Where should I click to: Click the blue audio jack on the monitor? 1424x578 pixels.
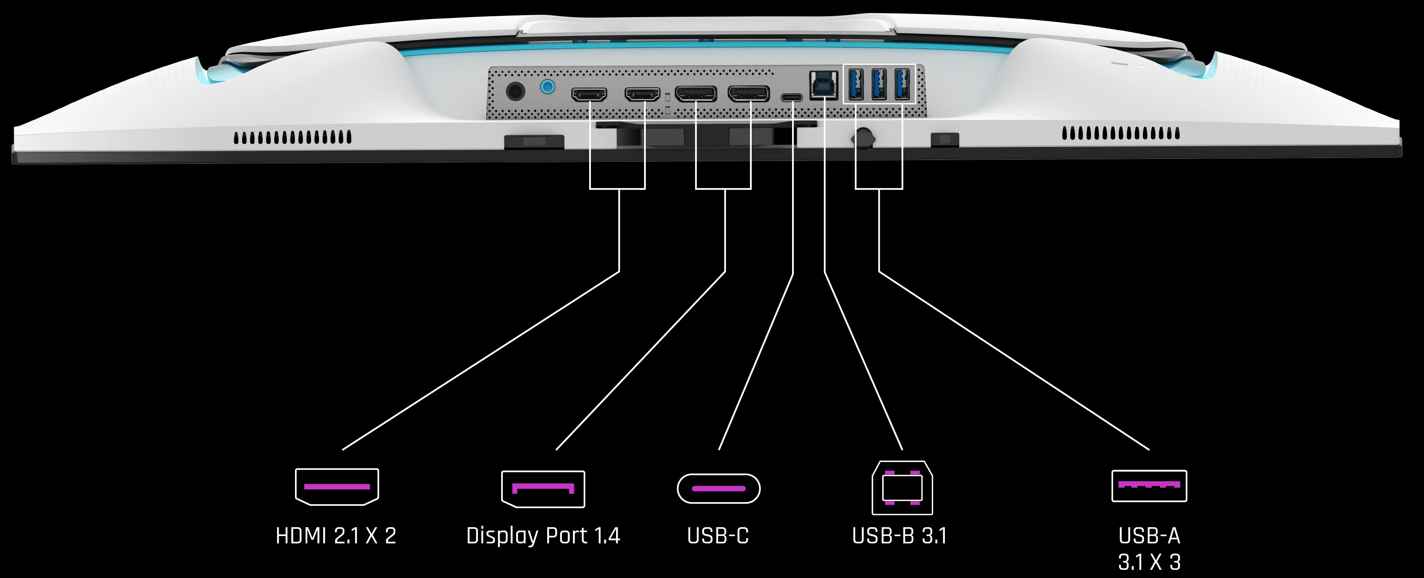tap(547, 87)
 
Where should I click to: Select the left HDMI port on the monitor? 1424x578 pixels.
tap(589, 95)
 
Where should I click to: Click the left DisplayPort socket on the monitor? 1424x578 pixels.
tap(696, 95)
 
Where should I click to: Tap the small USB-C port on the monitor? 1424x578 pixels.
tap(792, 98)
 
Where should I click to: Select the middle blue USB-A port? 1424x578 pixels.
tap(879, 84)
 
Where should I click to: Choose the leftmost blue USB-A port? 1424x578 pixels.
tap(856, 84)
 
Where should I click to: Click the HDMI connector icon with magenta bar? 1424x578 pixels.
tap(337, 486)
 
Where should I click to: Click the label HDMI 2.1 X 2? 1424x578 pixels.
tap(336, 536)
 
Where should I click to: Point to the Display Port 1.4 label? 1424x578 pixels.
tap(543, 536)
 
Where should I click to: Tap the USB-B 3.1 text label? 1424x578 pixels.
tap(899, 536)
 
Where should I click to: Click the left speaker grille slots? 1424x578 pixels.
tap(293, 137)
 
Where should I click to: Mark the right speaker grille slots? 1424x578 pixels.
tap(1120, 133)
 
